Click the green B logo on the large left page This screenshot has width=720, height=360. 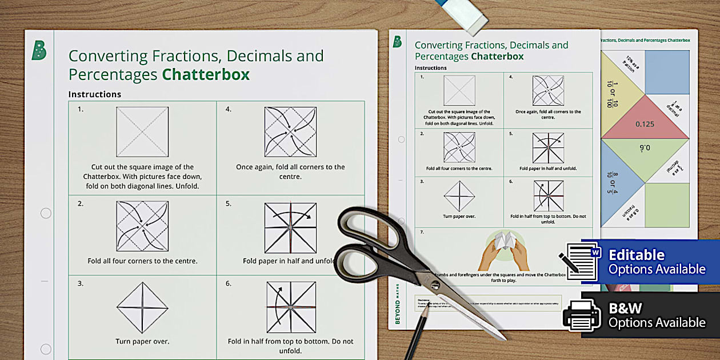click(39, 51)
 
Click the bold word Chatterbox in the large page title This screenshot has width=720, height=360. click(206, 75)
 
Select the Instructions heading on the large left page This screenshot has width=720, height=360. click(94, 94)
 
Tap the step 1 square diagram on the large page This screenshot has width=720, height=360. click(142, 132)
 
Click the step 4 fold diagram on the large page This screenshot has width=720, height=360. click(290, 132)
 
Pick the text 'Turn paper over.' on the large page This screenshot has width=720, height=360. click(142, 342)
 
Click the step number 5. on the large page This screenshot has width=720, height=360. click(229, 203)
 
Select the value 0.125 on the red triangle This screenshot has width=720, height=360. click(645, 124)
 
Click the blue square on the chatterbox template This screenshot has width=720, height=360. click(667, 72)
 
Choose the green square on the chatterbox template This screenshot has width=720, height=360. click(667, 205)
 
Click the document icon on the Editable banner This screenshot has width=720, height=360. click(582, 261)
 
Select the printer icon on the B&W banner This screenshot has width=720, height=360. click(582, 314)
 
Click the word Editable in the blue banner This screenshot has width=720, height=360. click(636, 255)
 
